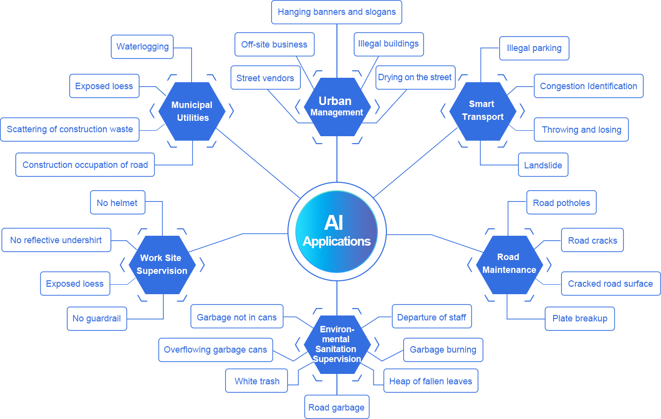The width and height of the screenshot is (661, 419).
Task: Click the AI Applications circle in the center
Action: click(x=336, y=231)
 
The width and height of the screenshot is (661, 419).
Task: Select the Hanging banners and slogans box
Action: click(x=336, y=12)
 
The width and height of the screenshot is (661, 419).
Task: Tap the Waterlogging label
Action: click(x=142, y=47)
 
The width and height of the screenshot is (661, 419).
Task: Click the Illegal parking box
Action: click(x=534, y=48)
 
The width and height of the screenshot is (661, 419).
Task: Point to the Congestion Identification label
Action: click(x=588, y=86)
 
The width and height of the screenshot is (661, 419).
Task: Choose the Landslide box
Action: click(x=543, y=165)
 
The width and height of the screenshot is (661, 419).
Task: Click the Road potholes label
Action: click(x=561, y=203)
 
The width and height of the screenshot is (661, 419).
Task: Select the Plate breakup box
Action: click(x=579, y=318)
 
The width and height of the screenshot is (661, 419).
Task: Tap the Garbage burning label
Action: click(x=443, y=350)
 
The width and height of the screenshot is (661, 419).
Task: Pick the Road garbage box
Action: click(x=336, y=408)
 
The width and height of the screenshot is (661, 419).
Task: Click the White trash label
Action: click(x=257, y=381)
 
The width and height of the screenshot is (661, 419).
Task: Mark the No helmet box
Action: click(x=117, y=203)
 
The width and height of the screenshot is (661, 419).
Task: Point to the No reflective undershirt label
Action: click(x=56, y=240)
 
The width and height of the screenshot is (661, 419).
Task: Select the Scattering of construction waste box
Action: click(x=70, y=129)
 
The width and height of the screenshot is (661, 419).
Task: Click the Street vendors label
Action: click(x=265, y=78)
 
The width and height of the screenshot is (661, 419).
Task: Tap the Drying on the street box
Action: click(x=415, y=77)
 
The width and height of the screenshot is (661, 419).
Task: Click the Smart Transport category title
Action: click(x=482, y=110)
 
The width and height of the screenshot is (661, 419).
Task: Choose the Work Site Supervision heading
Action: click(x=162, y=264)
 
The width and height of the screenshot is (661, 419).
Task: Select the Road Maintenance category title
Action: click(x=509, y=263)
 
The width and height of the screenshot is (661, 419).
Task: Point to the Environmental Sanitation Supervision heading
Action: click(x=336, y=344)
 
